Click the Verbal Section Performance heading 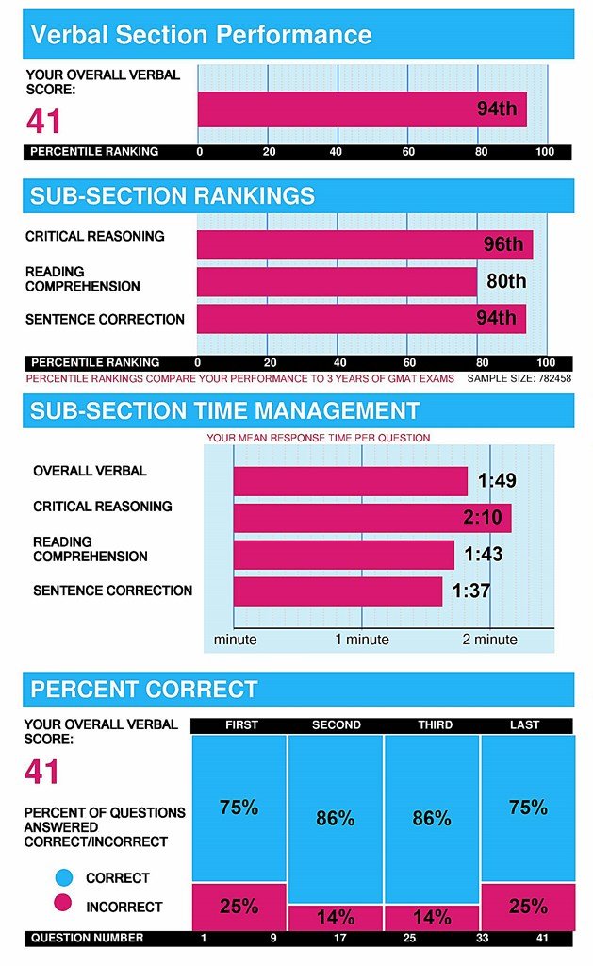pyautogui.click(x=201, y=36)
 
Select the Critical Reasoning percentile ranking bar pyautogui.click(x=364, y=244)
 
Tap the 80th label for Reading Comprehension pyautogui.click(x=506, y=281)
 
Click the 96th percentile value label pyautogui.click(x=502, y=244)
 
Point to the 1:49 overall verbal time pyautogui.click(x=497, y=481)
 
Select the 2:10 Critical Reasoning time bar pyautogui.click(x=372, y=517)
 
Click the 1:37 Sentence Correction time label pyautogui.click(x=471, y=591)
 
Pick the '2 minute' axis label pyautogui.click(x=489, y=639)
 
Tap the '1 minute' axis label pyautogui.click(x=362, y=639)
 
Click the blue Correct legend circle pyautogui.click(x=62, y=877)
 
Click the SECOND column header pyautogui.click(x=336, y=724)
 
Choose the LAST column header pyautogui.click(x=525, y=724)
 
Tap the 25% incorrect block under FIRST pyautogui.click(x=239, y=907)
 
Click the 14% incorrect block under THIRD pyautogui.click(x=431, y=917)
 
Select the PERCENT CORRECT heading pyautogui.click(x=144, y=689)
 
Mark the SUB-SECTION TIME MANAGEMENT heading pyautogui.click(x=224, y=411)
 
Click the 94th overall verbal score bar pyautogui.click(x=361, y=108)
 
